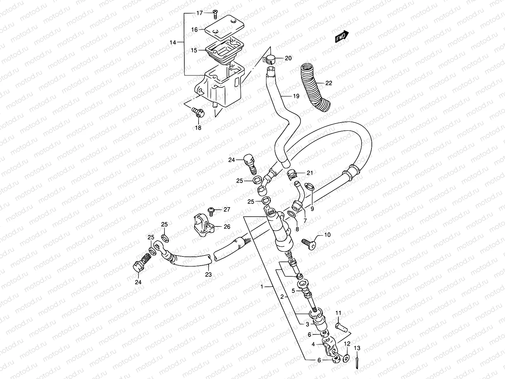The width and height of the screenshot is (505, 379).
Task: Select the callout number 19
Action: pos(295,96)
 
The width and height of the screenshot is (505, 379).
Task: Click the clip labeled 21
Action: pos(292,174)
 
